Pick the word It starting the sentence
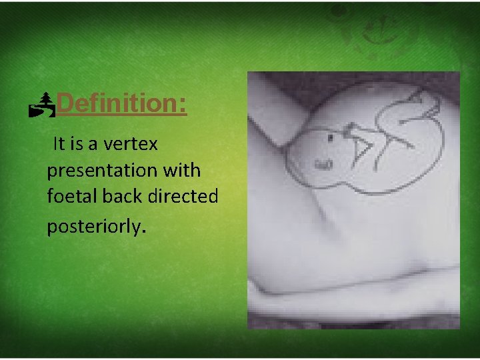[x=59, y=143]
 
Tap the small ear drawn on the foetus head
[x=323, y=163]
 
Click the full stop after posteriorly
[x=141, y=231]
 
